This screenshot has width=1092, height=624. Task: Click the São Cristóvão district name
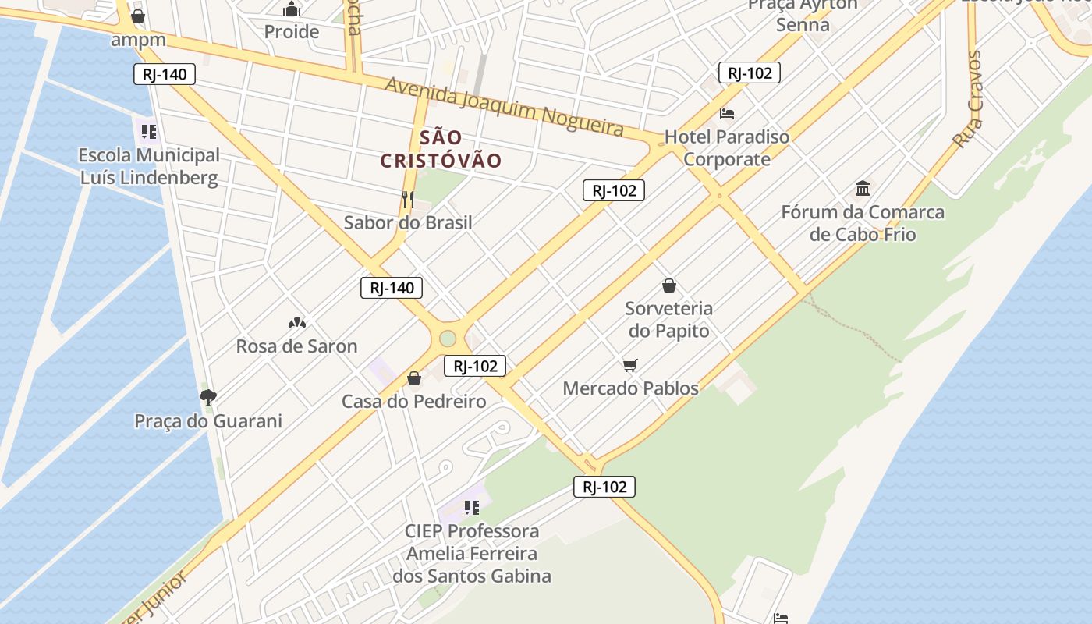click(441, 149)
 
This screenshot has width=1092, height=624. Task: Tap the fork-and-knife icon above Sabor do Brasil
click(408, 200)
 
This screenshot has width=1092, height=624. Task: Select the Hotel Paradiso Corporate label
click(726, 148)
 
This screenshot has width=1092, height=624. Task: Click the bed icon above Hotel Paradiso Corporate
click(727, 114)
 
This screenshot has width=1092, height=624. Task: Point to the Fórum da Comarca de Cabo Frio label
click(863, 223)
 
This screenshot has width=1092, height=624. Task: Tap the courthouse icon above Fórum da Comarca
click(863, 189)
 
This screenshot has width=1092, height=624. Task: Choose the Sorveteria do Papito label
click(669, 319)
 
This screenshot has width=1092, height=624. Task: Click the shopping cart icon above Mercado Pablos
click(630, 365)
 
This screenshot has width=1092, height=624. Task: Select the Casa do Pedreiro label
click(413, 402)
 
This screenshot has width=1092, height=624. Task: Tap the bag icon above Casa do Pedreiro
click(414, 379)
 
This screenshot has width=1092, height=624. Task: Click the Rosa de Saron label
click(296, 346)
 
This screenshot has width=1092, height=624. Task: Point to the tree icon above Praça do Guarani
click(207, 398)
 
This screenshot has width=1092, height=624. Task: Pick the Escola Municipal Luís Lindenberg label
click(149, 166)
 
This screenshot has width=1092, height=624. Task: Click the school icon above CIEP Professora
click(471, 509)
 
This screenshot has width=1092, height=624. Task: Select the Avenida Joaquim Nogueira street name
click(504, 106)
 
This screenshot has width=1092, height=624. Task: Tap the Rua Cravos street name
click(967, 100)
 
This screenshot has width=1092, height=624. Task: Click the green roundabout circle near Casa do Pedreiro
click(447, 339)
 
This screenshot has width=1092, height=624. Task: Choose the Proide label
click(292, 32)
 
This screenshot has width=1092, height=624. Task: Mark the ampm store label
click(138, 40)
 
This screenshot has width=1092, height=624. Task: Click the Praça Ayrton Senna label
click(803, 15)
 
